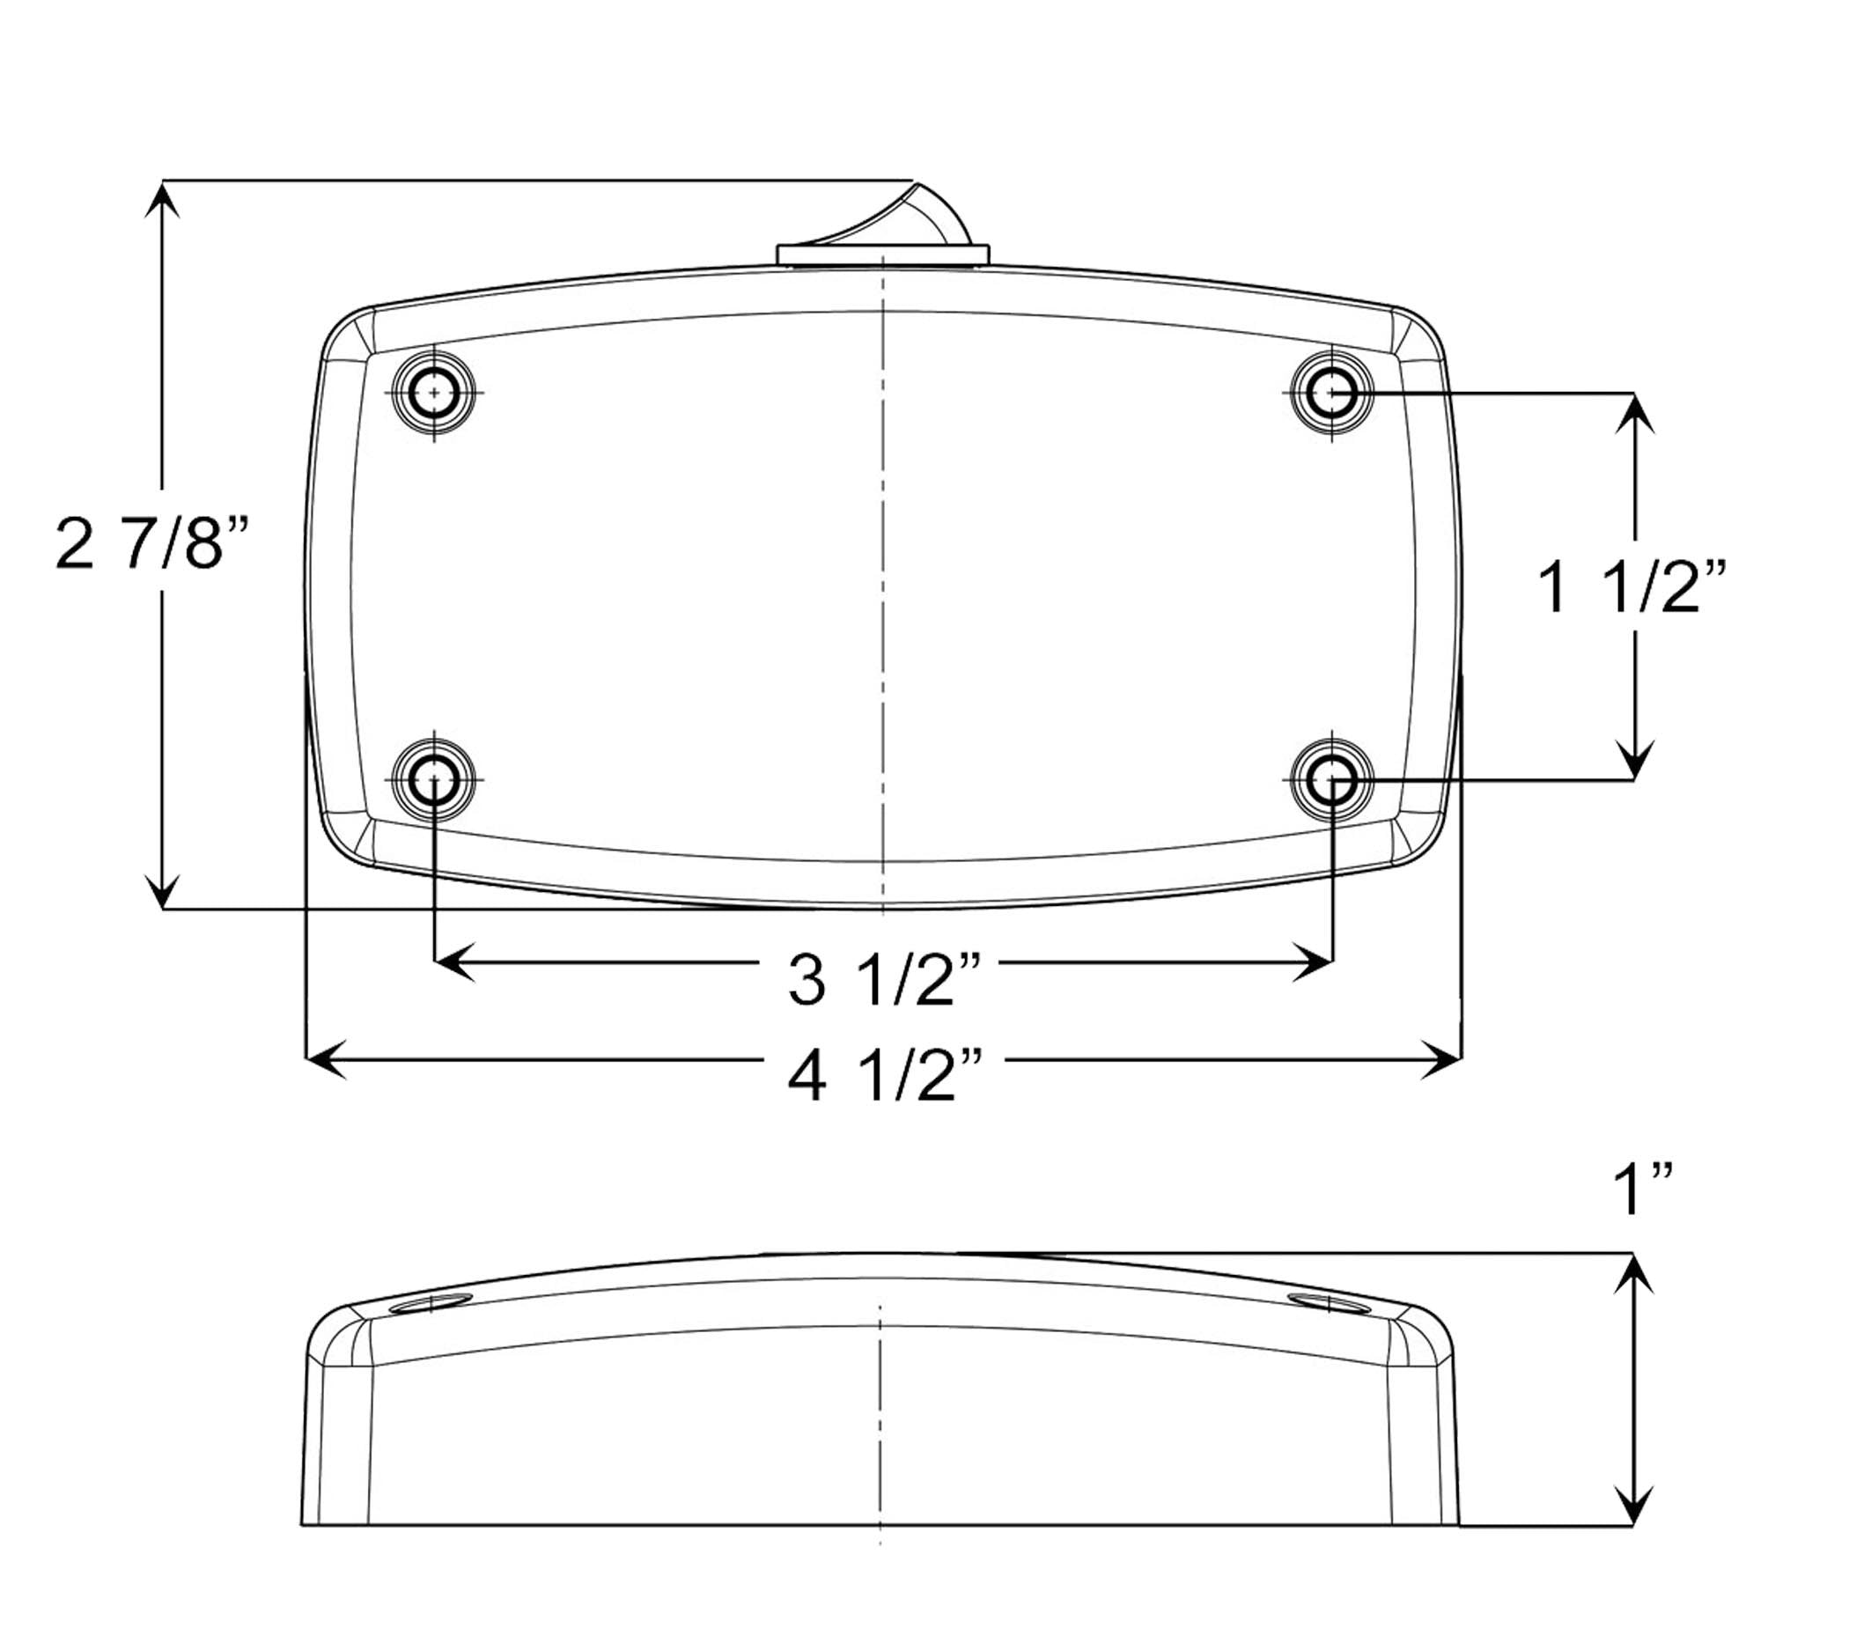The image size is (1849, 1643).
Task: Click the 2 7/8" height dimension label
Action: click(x=151, y=544)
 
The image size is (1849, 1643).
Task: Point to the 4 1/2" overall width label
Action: click(x=884, y=1076)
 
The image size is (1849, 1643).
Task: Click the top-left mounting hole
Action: click(x=434, y=393)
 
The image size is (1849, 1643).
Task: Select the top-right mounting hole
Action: click(x=1331, y=393)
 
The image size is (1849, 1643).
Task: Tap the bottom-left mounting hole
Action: click(x=434, y=779)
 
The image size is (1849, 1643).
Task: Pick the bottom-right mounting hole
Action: click(x=1331, y=779)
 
